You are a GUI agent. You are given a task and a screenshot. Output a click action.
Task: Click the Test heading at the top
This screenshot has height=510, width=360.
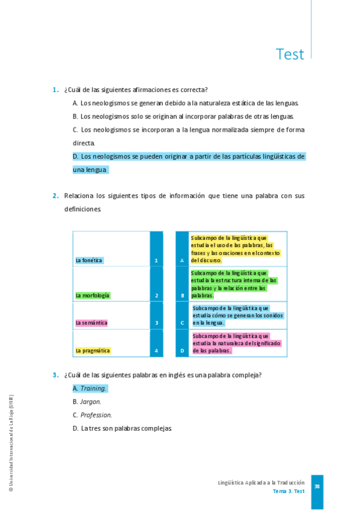[290, 54]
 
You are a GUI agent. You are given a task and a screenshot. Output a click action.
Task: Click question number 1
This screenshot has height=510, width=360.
[55, 90]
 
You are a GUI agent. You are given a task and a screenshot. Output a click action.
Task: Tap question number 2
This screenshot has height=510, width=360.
[55, 195]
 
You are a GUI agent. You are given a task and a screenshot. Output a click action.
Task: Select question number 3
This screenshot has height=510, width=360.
[55, 375]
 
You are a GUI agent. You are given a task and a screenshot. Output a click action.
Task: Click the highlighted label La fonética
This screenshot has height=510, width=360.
[89, 260]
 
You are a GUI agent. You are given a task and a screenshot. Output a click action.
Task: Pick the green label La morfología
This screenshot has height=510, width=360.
[93, 295]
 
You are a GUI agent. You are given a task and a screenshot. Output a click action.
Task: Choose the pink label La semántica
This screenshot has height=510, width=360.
[91, 323]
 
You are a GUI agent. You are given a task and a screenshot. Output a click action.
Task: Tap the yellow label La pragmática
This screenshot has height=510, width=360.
[93, 351]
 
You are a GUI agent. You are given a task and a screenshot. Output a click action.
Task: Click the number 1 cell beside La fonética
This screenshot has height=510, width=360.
[156, 260]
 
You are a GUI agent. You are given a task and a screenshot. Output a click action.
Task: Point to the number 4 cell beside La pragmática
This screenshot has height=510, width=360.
[156, 351]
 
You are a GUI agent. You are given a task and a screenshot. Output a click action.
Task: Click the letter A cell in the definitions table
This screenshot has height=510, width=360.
[182, 260]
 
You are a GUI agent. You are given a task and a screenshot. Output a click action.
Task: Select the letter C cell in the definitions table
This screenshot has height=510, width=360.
[182, 323]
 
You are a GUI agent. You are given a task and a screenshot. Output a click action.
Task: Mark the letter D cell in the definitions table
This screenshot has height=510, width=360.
[182, 351]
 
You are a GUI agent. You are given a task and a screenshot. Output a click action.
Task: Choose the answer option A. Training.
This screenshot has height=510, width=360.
[90, 389]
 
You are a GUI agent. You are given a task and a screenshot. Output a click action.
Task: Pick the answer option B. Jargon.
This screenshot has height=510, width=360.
[87, 402]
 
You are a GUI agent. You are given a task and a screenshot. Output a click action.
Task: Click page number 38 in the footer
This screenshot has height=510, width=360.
[317, 487]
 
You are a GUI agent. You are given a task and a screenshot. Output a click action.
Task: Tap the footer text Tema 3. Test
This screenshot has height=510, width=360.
[288, 491]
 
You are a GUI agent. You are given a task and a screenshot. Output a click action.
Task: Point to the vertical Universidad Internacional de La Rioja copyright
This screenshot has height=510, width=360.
[11, 443]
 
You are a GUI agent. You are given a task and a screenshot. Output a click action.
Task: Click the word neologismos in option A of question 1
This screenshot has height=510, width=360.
[114, 103]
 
